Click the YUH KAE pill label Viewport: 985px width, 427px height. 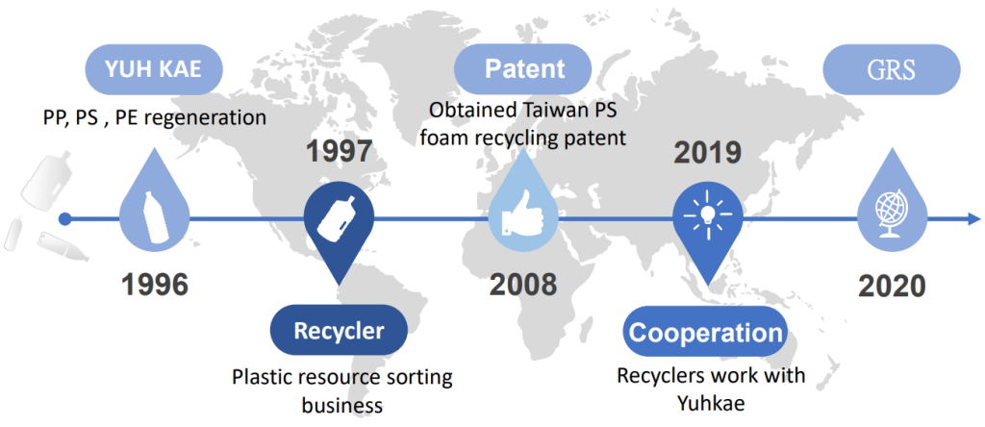(153, 69)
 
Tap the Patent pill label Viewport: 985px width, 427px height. (523, 68)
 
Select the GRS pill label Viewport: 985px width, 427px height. (892, 69)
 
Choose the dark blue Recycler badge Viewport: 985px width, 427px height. (339, 330)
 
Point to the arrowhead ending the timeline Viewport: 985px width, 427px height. (973, 218)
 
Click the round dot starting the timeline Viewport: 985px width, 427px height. (64, 218)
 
